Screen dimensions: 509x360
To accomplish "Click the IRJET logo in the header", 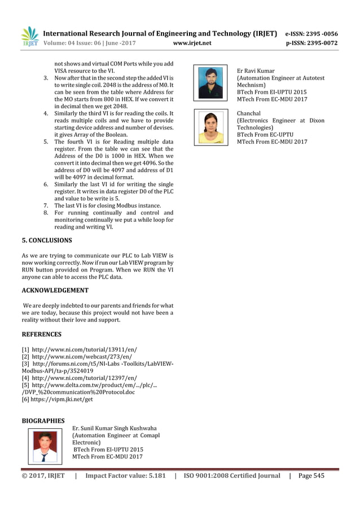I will (29, 36).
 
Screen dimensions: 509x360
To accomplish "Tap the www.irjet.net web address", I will (196, 42).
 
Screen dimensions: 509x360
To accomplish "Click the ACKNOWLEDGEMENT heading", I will (55, 290).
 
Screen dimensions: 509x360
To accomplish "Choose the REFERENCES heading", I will (41, 334).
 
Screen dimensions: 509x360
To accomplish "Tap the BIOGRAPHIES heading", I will (43, 420).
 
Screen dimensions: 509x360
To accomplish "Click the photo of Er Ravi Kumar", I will (209, 82).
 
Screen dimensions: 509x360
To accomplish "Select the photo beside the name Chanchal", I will (209, 126).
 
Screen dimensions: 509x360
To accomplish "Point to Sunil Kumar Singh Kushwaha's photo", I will (45, 446).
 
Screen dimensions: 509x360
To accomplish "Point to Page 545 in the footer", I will (311, 476).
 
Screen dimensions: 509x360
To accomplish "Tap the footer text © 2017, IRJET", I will (43, 476).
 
